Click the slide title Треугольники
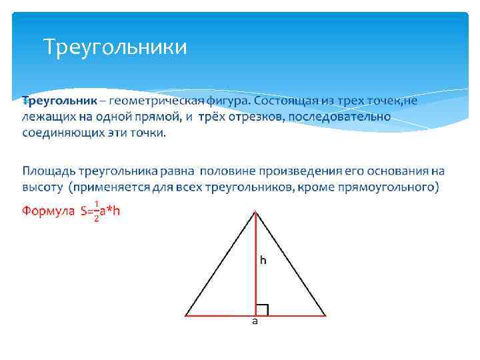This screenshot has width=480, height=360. coord(115,47)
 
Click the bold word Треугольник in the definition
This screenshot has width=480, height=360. coord(60,101)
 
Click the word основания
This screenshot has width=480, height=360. coord(393,172)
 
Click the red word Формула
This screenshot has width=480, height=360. coord(48,211)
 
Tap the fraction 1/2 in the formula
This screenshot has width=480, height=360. coord(97,211)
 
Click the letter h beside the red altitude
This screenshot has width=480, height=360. coord(263,261)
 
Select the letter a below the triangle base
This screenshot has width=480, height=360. coord(255,321)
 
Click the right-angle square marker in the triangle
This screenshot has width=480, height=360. coord(262,309)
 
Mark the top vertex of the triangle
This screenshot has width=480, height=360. coord(255,211)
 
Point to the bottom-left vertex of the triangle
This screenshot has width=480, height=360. coord(186,315)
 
